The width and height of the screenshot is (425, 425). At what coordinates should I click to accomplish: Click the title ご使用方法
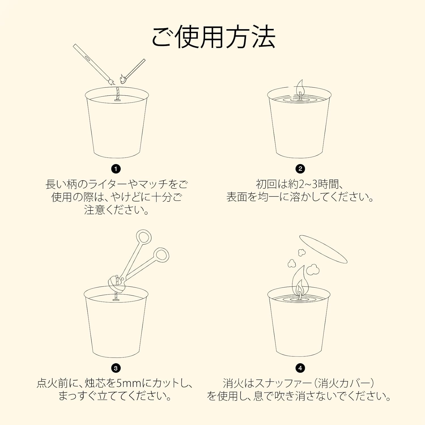tap(213, 37)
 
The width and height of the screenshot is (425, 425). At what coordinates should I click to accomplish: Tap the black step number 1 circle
tap(116, 169)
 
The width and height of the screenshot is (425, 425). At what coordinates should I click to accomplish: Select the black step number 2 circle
tap(300, 169)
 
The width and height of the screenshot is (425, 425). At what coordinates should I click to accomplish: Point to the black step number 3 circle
tap(116, 368)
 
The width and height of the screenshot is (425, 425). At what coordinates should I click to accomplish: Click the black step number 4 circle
tap(300, 368)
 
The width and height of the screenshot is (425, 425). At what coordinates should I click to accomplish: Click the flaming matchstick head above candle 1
tap(123, 79)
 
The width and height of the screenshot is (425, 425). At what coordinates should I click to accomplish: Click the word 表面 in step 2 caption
tap(237, 197)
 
